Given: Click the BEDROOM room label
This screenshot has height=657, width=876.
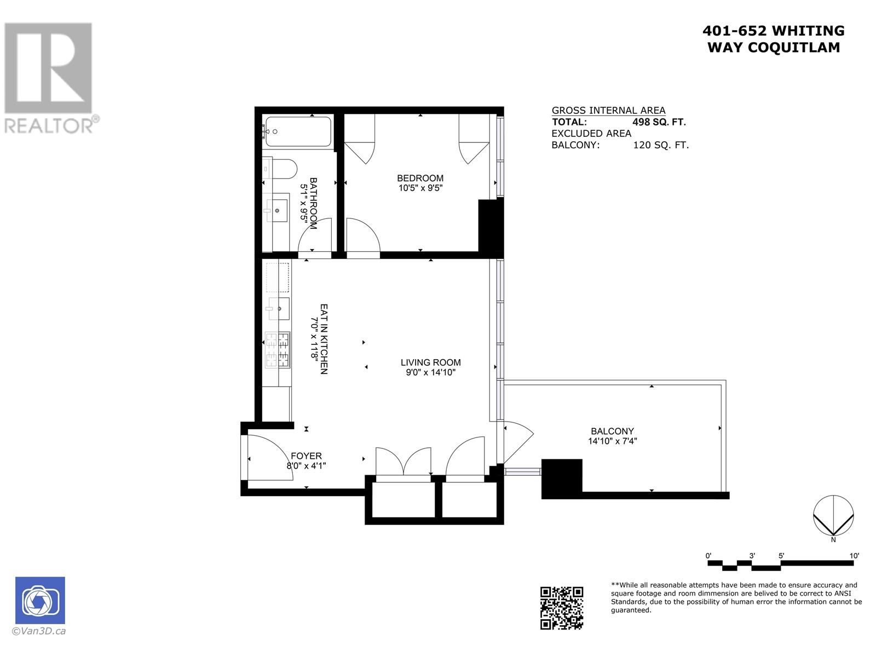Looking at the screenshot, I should [x=420, y=178].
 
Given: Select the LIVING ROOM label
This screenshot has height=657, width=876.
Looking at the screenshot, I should [x=430, y=362].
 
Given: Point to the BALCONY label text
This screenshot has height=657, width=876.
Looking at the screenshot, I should [x=612, y=431].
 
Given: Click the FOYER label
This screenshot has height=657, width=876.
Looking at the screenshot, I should [x=306, y=456].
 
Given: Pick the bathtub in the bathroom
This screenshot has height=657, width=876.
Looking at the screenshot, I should [x=297, y=131].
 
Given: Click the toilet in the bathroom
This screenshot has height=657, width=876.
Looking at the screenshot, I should [x=283, y=169].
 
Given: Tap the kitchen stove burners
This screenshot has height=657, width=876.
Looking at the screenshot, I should [x=277, y=350].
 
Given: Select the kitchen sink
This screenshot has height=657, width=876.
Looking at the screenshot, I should [x=279, y=309].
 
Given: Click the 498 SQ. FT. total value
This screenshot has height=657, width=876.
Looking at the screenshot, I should [x=659, y=122].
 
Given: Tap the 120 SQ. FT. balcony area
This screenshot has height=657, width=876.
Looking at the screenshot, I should [x=661, y=145].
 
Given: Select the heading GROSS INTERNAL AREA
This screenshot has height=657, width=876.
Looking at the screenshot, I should [x=608, y=110].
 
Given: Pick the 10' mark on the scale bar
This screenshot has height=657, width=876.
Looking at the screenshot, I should [x=854, y=556].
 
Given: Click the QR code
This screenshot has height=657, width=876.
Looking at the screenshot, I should [x=562, y=608].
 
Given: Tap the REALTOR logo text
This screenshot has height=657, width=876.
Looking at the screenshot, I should [x=49, y=126].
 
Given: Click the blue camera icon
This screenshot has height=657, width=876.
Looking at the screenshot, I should [x=40, y=601].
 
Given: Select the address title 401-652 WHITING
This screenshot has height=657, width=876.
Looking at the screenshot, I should [x=773, y=31].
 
